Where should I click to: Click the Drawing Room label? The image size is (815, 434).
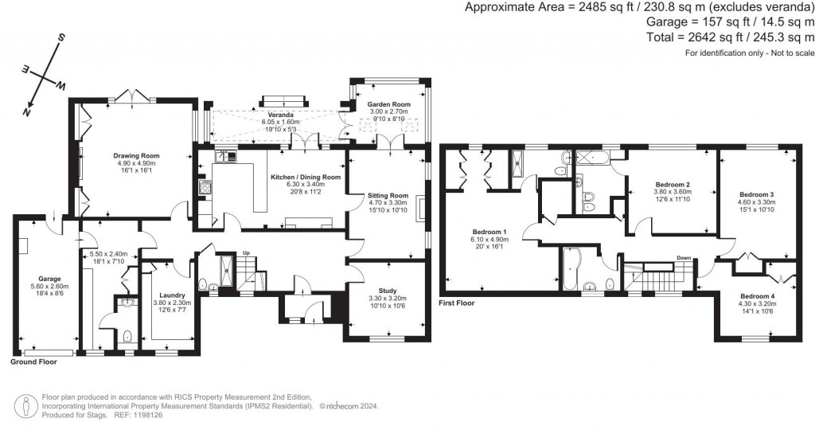point(137,155)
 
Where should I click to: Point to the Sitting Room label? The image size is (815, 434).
point(387,195)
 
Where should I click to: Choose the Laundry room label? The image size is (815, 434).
point(166,293)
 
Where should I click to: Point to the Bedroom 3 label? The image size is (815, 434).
point(757,194)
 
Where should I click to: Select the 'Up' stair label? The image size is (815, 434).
point(246,252)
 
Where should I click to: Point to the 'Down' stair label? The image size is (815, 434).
point(683,258)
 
